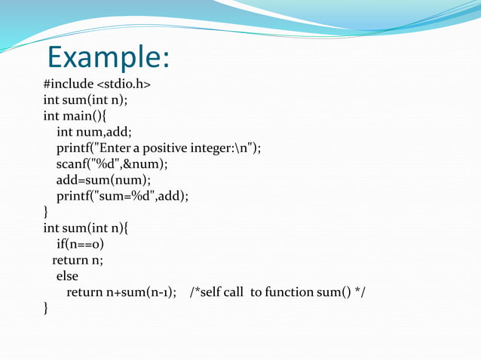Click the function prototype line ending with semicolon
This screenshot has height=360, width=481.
click(x=85, y=99)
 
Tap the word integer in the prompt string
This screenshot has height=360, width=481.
click(x=219, y=148)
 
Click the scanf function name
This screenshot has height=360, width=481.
click(x=70, y=163)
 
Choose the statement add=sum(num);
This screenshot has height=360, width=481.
click(x=103, y=179)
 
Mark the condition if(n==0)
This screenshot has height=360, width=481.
click(x=80, y=244)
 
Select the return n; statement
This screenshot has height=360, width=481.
click(x=78, y=260)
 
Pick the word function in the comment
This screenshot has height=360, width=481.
click(x=291, y=292)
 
